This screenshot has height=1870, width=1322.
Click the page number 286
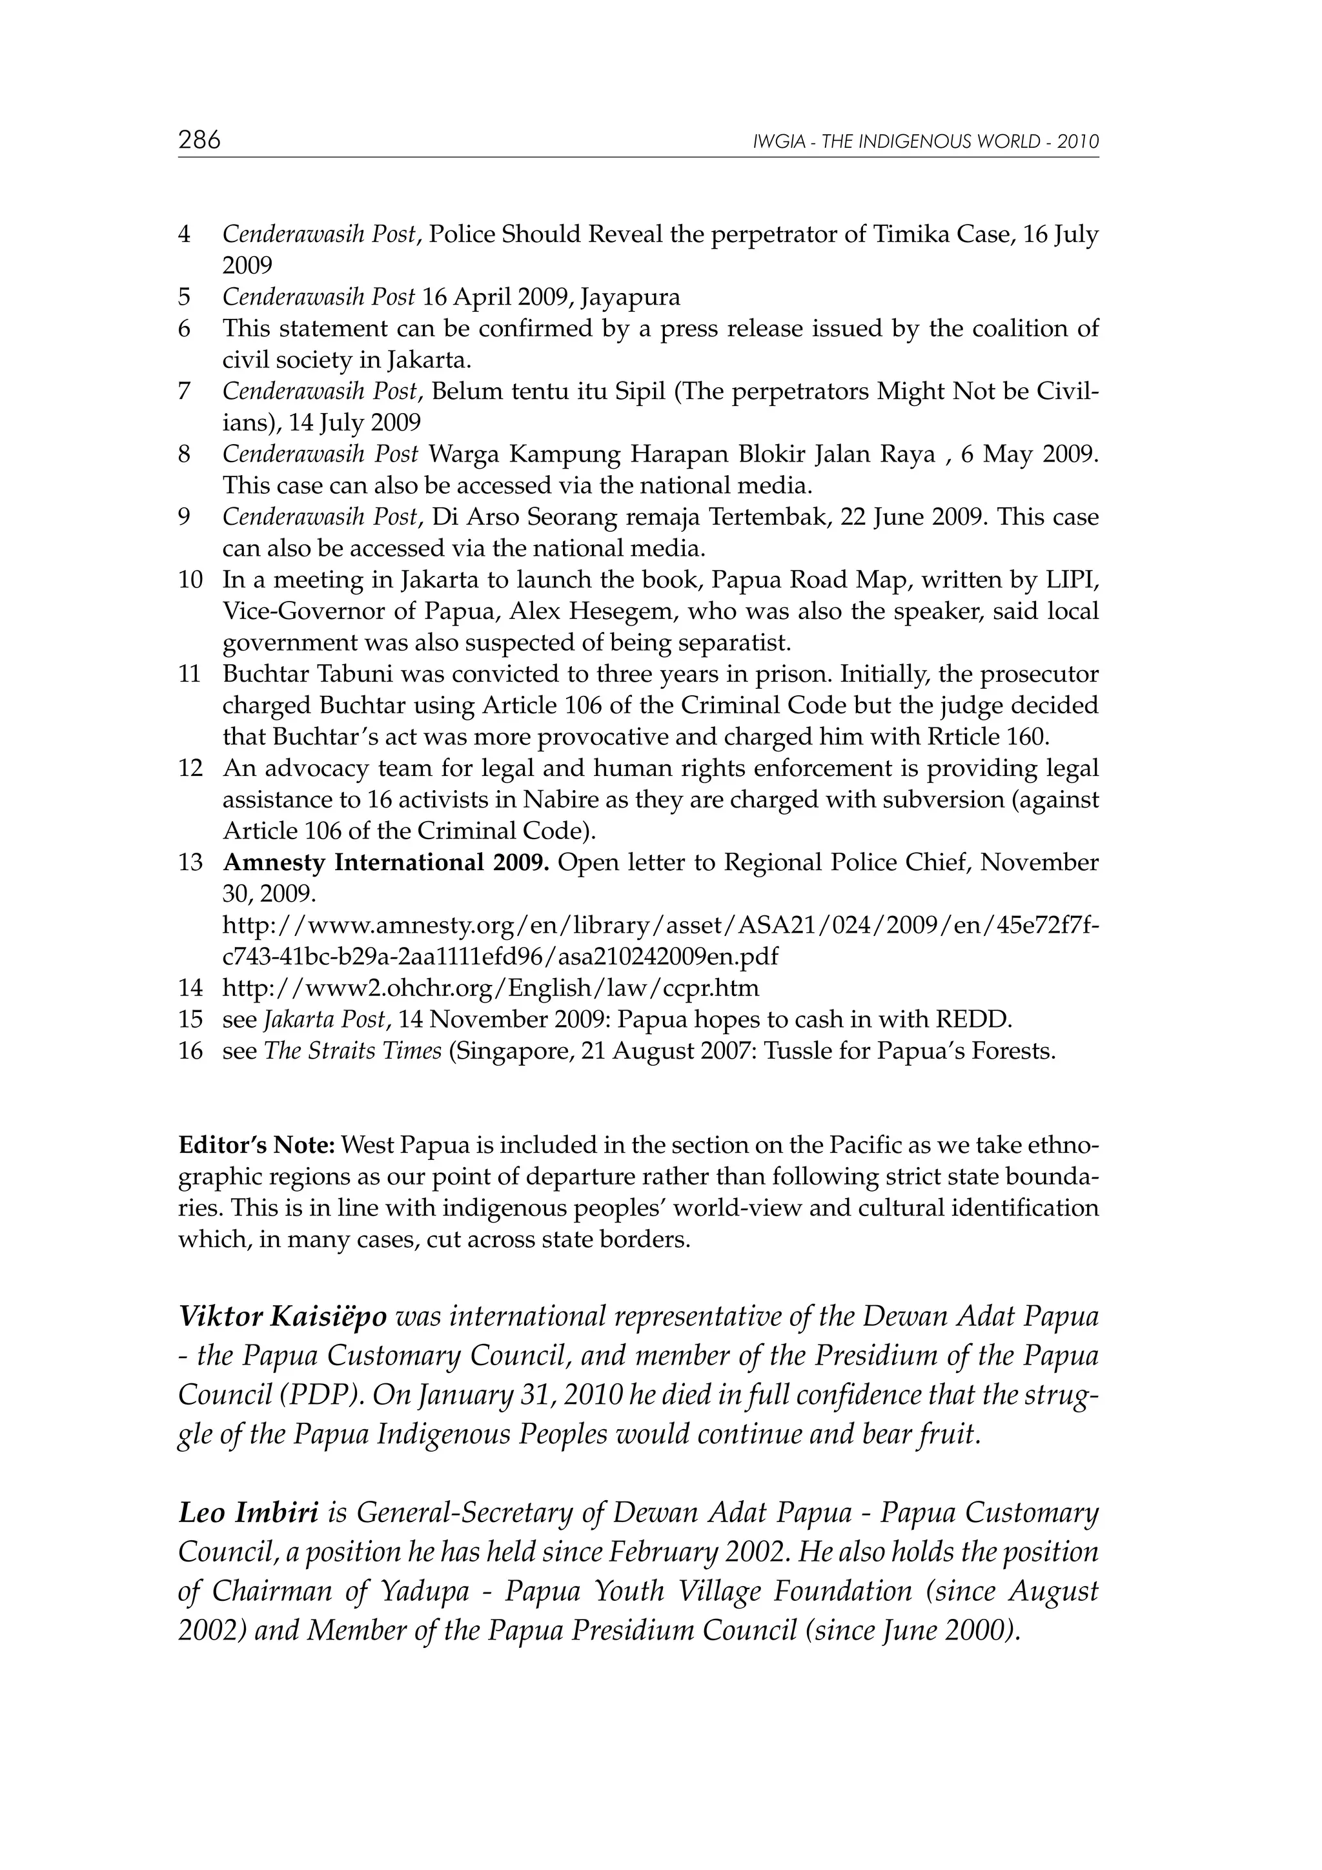(199, 140)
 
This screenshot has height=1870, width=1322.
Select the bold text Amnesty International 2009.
(386, 862)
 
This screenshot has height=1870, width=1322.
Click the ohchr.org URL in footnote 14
(491, 989)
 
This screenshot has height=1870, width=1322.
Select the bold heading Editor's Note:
(256, 1145)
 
